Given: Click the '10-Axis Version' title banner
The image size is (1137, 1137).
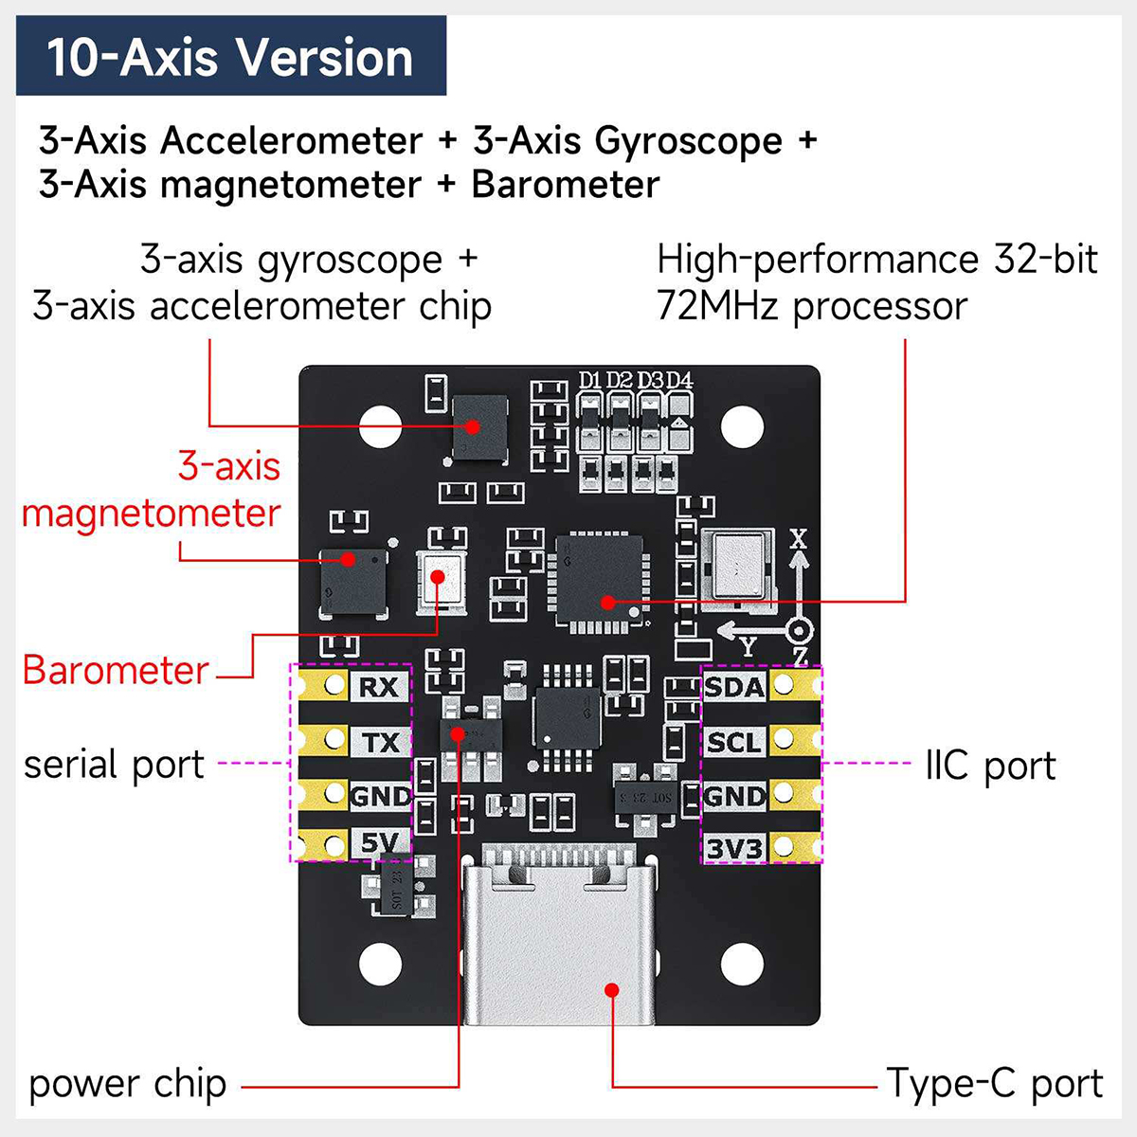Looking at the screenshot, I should pyautogui.click(x=230, y=56).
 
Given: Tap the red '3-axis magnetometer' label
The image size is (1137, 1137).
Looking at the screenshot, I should pyautogui.click(x=152, y=490).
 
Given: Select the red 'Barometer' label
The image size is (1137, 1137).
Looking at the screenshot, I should pyautogui.click(x=115, y=670).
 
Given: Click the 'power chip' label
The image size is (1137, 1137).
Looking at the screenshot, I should pyautogui.click(x=128, y=1084).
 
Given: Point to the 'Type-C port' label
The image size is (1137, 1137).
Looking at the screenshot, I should pyautogui.click(x=995, y=1083).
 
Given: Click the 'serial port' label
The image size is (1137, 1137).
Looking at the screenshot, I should pyautogui.click(x=114, y=764).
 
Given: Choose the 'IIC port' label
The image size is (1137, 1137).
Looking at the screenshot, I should pyautogui.click(x=990, y=766).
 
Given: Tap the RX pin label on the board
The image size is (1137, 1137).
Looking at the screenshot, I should pyautogui.click(x=379, y=687).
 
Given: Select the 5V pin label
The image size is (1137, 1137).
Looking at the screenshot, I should pyautogui.click(x=380, y=842).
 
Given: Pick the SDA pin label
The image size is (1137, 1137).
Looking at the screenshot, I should pyautogui.click(x=734, y=687).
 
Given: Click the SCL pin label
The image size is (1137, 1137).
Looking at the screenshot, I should pyautogui.click(x=734, y=742).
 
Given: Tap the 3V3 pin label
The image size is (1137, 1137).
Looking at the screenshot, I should pyautogui.click(x=734, y=849).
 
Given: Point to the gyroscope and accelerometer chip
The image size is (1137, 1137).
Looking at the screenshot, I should pyautogui.click(x=478, y=428).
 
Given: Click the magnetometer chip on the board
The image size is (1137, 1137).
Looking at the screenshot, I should pyautogui.click(x=352, y=583).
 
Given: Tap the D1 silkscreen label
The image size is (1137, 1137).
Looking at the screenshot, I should pyautogui.click(x=590, y=380).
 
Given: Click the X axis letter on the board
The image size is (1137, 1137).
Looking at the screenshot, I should pyautogui.click(x=799, y=538).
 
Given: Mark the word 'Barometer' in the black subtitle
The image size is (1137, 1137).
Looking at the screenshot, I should pyautogui.click(x=565, y=184).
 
